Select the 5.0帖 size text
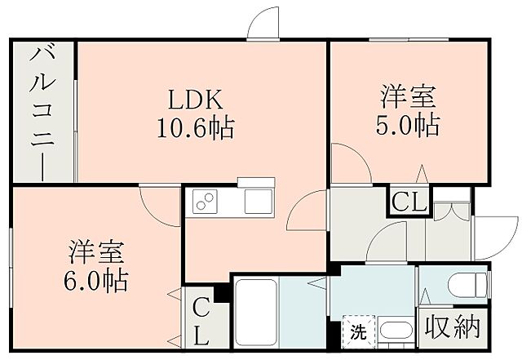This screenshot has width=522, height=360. tap(408, 126)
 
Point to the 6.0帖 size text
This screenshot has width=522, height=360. tap(96, 281)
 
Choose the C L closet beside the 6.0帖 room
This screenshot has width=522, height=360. tap(200, 320)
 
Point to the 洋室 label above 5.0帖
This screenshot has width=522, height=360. tap(408, 97)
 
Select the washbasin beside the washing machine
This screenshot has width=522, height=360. tap(396, 333)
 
